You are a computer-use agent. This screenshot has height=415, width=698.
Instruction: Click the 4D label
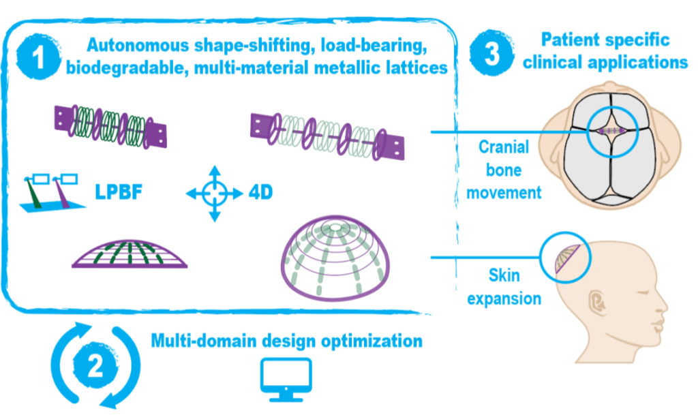pos(260,193)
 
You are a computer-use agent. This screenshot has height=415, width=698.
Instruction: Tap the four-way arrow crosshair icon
pos(214,194)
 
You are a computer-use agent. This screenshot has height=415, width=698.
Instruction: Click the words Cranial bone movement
pos(501,170)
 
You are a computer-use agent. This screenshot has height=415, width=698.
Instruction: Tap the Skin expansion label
pos(501,286)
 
